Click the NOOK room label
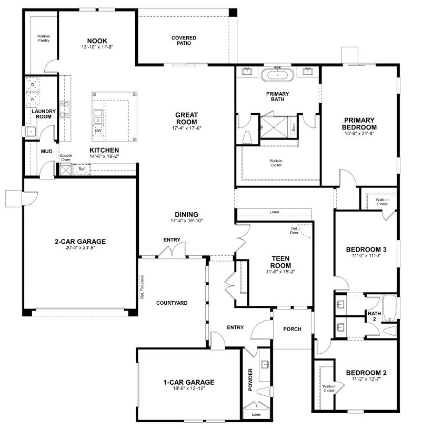97,41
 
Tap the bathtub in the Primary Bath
277,75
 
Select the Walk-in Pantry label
44,38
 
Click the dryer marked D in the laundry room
32,84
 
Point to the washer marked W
32,99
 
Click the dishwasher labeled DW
98,131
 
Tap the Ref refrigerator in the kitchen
82,169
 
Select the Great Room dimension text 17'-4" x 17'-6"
186,128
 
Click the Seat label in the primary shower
294,127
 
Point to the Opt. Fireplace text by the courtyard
142,287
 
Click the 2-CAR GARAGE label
80,242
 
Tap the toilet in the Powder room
263,392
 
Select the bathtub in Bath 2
389,308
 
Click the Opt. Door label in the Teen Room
294,231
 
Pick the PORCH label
292,329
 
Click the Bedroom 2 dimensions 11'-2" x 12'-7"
366,378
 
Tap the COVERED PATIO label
184,41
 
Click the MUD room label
46,152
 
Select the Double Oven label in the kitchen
66,157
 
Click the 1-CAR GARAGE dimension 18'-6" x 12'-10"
189,388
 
